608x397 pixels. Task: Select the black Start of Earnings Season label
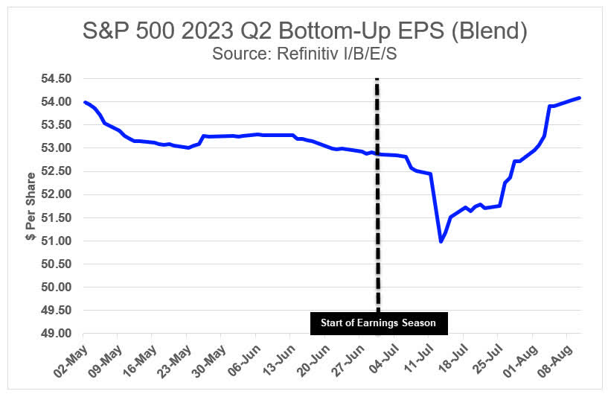[378, 323]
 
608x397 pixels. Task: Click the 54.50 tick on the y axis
[55, 79]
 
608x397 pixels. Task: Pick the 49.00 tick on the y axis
[55, 334]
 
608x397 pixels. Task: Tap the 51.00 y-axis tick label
[55, 241]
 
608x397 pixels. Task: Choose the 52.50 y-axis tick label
[55, 171]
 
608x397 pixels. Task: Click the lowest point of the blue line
[441, 241]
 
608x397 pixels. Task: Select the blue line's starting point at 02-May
[84, 102]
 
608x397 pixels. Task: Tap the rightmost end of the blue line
[580, 98]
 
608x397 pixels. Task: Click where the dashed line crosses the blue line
[377, 154]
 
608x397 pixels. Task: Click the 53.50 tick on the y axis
[55, 125]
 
